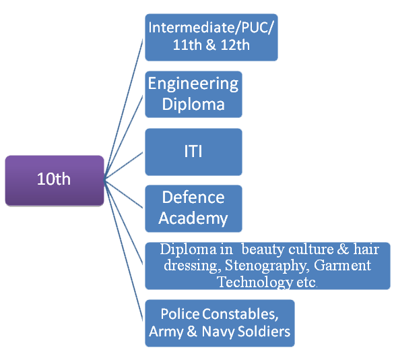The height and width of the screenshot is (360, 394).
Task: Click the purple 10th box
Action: pyautogui.click(x=54, y=180)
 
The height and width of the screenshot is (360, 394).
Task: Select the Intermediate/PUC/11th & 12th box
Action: pyautogui.click(x=211, y=38)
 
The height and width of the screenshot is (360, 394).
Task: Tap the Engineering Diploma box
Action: pyautogui.click(x=193, y=94)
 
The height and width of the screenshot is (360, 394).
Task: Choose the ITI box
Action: pyautogui.click(x=193, y=151)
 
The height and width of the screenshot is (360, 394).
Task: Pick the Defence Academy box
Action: pyautogui.click(x=193, y=208)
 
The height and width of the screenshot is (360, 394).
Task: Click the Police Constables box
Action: pyautogui.click(x=220, y=323)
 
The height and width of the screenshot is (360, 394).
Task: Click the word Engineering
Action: pyautogui.click(x=193, y=84)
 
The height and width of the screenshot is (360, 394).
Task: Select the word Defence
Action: pyautogui.click(x=193, y=198)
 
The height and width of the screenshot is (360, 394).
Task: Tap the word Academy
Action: pyautogui.click(x=193, y=218)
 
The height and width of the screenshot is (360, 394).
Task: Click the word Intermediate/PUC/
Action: pyautogui.click(x=211, y=28)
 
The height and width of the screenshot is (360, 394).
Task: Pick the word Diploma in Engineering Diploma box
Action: pyautogui.click(x=193, y=104)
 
